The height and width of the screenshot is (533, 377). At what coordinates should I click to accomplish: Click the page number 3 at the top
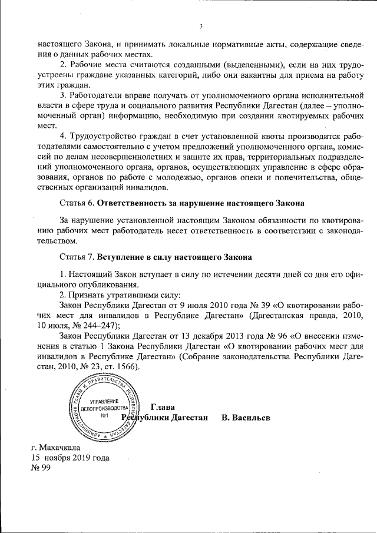(201, 26)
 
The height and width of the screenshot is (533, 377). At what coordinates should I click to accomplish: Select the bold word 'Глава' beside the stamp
(163, 406)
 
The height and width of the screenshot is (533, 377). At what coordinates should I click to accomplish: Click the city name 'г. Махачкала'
(55, 447)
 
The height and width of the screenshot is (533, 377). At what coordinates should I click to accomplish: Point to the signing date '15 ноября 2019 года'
(70, 458)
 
